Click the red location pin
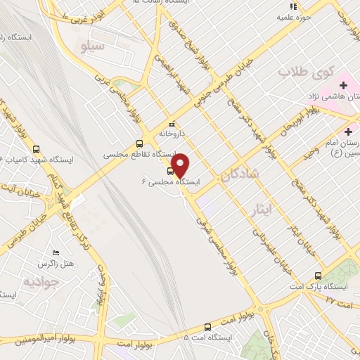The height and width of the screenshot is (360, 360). click(x=181, y=165)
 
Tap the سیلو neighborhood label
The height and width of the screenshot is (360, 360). click(x=93, y=48)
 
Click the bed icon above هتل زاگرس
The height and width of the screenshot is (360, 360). click(x=56, y=252)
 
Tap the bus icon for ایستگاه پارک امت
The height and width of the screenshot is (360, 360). click(x=319, y=276)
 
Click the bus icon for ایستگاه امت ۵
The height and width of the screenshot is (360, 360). click(x=207, y=326)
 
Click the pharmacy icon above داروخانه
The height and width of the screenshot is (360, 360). click(x=172, y=124)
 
